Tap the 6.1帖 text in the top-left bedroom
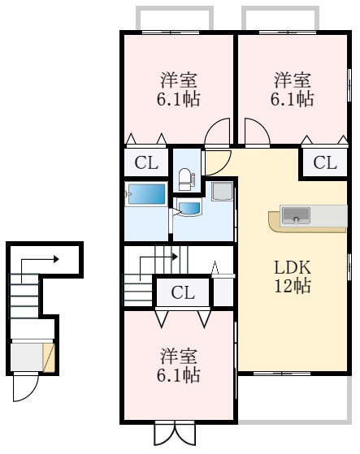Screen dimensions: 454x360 point(180,99)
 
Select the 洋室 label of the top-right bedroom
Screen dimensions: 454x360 point(293,80)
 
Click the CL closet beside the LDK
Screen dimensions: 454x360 point(324,162)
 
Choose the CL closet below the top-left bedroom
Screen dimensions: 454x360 point(146,162)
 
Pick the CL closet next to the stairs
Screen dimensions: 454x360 point(183,293)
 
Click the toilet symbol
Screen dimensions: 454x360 point(184,177)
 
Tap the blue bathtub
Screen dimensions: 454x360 point(145,196)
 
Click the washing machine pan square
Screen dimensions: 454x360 point(221,192)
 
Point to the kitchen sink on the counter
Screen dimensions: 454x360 point(296,215)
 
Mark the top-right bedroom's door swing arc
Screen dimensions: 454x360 point(254,133)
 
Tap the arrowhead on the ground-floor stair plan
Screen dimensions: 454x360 point(58,260)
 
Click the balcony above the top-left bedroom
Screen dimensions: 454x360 point(174,18)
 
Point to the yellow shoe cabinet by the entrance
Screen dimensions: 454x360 point(49,357)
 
